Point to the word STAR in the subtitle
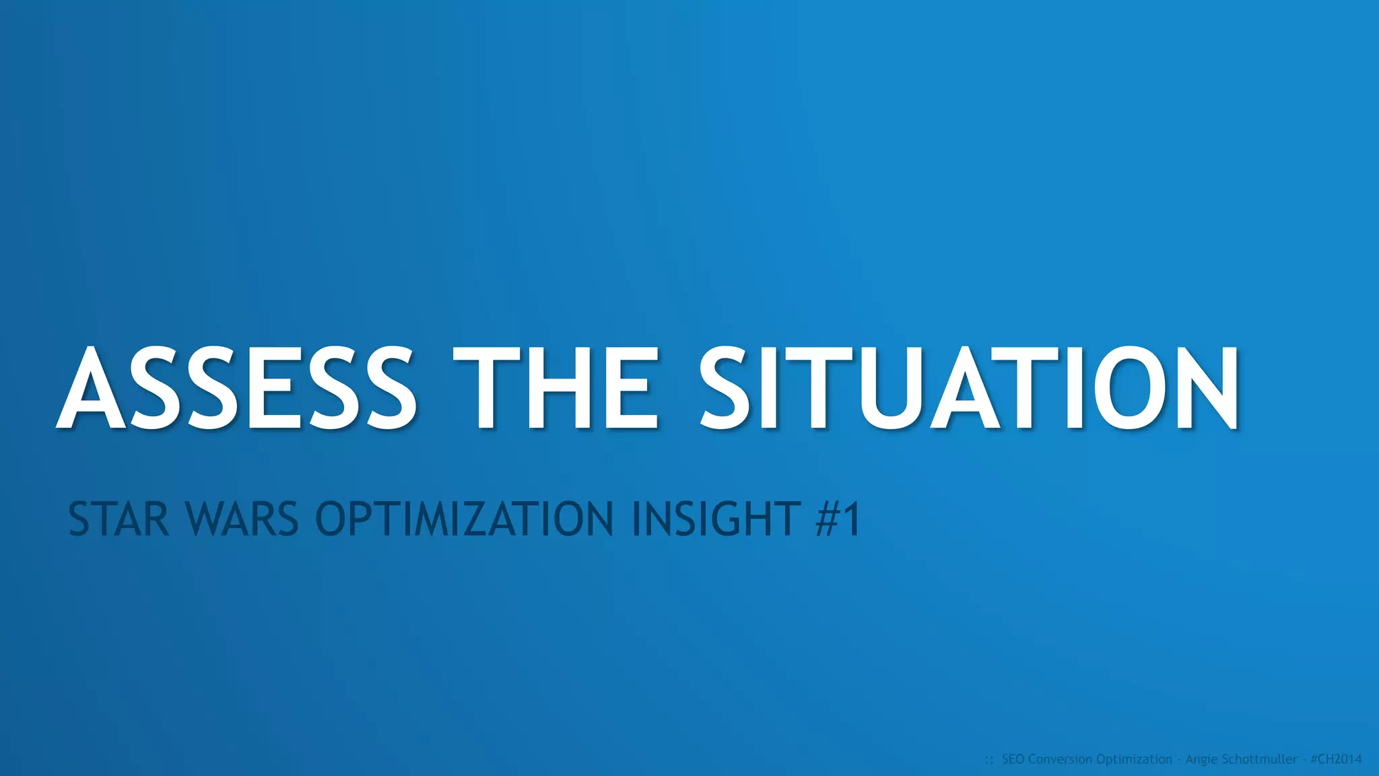click(119, 519)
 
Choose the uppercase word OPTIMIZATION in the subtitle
click(465, 519)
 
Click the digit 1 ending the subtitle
click(852, 519)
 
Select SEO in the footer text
click(1013, 759)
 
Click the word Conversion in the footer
click(1060, 759)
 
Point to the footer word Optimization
click(1134, 759)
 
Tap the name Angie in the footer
click(1201, 759)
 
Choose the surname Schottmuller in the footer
click(1258, 759)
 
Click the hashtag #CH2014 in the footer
click(1336, 759)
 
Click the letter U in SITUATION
click(890, 389)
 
